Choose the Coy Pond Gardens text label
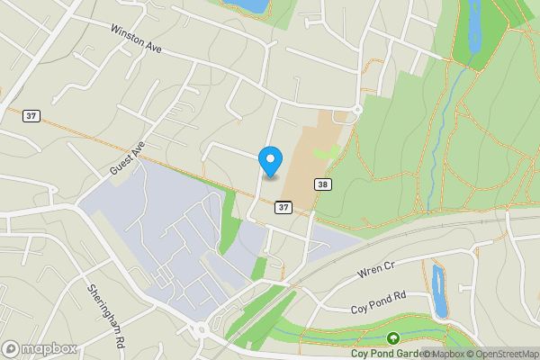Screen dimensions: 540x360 (386, 354)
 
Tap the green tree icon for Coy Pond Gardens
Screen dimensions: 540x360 (393, 339)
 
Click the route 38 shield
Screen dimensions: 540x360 (323, 184)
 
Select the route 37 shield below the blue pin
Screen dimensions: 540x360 (283, 208)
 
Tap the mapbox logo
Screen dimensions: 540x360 (39, 348)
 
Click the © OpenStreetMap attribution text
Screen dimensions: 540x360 (501, 354)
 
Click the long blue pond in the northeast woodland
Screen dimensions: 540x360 (472, 27)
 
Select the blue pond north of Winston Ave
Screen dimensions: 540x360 (252, 5)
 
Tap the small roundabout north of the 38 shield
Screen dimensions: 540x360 (357, 110)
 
